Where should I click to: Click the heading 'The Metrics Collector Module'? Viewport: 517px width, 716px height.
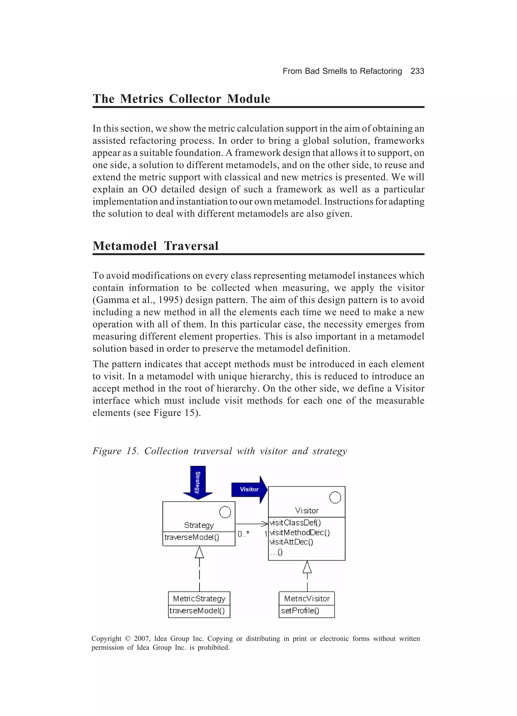181,99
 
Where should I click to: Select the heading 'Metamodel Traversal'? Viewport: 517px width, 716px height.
156,246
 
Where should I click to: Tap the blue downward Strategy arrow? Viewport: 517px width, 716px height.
198,482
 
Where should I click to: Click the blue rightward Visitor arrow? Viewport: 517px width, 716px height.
249,489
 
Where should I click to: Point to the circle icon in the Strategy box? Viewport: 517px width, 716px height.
225,512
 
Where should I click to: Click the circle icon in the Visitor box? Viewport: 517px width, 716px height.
335,497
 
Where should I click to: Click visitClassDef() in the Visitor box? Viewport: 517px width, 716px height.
295,523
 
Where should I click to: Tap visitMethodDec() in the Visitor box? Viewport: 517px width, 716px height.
300,533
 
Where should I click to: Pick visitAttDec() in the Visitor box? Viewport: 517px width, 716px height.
291,542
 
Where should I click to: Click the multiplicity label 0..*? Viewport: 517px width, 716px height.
244,534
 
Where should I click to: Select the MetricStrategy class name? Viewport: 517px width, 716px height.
199,599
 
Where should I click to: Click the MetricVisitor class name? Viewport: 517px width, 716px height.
307,599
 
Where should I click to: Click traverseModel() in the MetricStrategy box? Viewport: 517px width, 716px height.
197,611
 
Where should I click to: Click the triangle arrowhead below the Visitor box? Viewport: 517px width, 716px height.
307,567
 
